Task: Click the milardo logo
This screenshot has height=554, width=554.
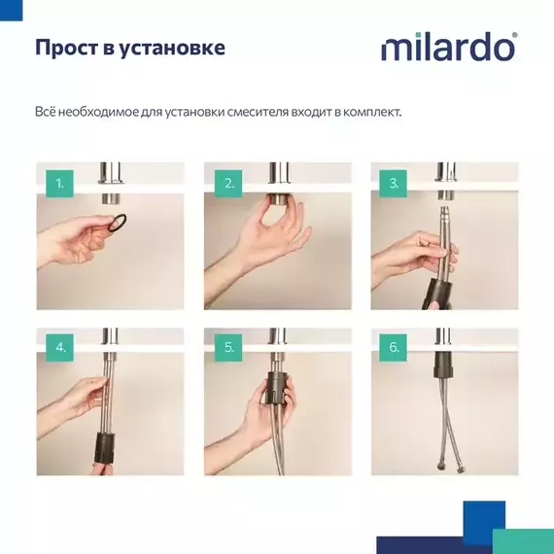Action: (x=448, y=48)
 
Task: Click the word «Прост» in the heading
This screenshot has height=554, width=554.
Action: (x=64, y=48)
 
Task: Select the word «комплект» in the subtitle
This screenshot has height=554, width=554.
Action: (x=370, y=112)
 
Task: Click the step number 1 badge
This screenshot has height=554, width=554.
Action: (x=59, y=183)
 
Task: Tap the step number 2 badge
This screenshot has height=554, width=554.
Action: (x=227, y=183)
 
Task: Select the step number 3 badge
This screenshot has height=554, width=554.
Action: (x=394, y=183)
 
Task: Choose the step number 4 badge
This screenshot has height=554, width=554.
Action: (x=59, y=347)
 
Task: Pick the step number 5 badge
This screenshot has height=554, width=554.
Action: (x=227, y=347)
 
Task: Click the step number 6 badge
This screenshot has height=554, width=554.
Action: (x=394, y=347)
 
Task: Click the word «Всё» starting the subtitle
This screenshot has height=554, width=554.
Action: (x=46, y=112)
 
